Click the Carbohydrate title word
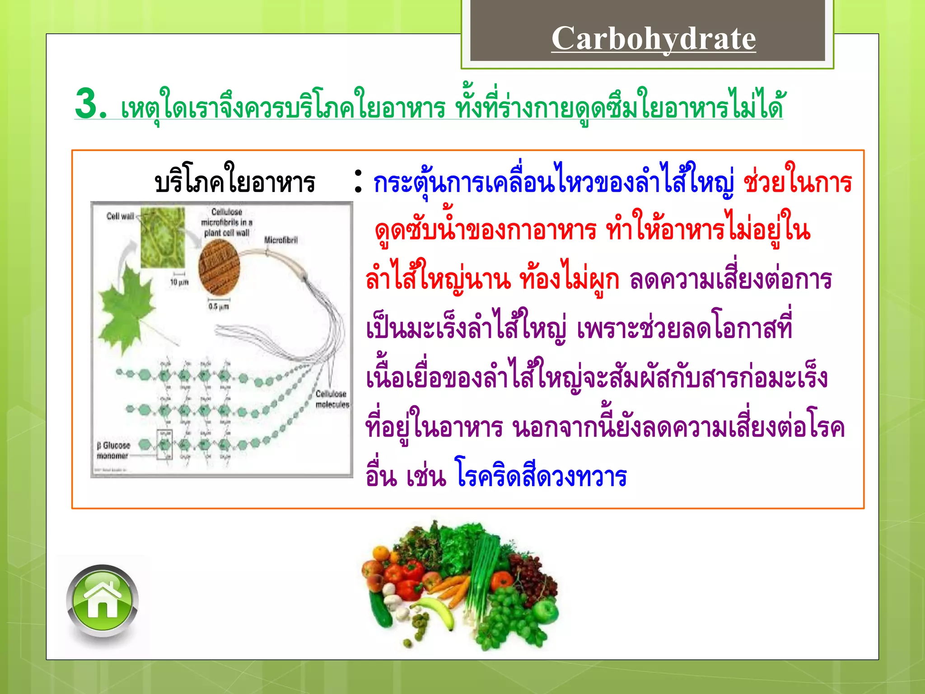coord(653,38)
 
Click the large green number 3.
coord(90,104)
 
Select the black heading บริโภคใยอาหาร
coord(235,183)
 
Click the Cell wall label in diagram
coord(120,216)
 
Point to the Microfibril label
coord(280,240)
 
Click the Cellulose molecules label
coord(332,399)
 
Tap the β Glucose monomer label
coord(113,450)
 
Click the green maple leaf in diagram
coord(126,307)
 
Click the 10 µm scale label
coord(179,282)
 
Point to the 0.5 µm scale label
coord(219,306)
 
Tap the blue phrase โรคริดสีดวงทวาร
coord(541,477)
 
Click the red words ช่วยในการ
coord(797,183)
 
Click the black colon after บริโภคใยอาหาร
coord(358,182)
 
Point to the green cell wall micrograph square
coord(163,237)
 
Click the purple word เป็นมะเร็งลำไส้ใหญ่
coord(465,328)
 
